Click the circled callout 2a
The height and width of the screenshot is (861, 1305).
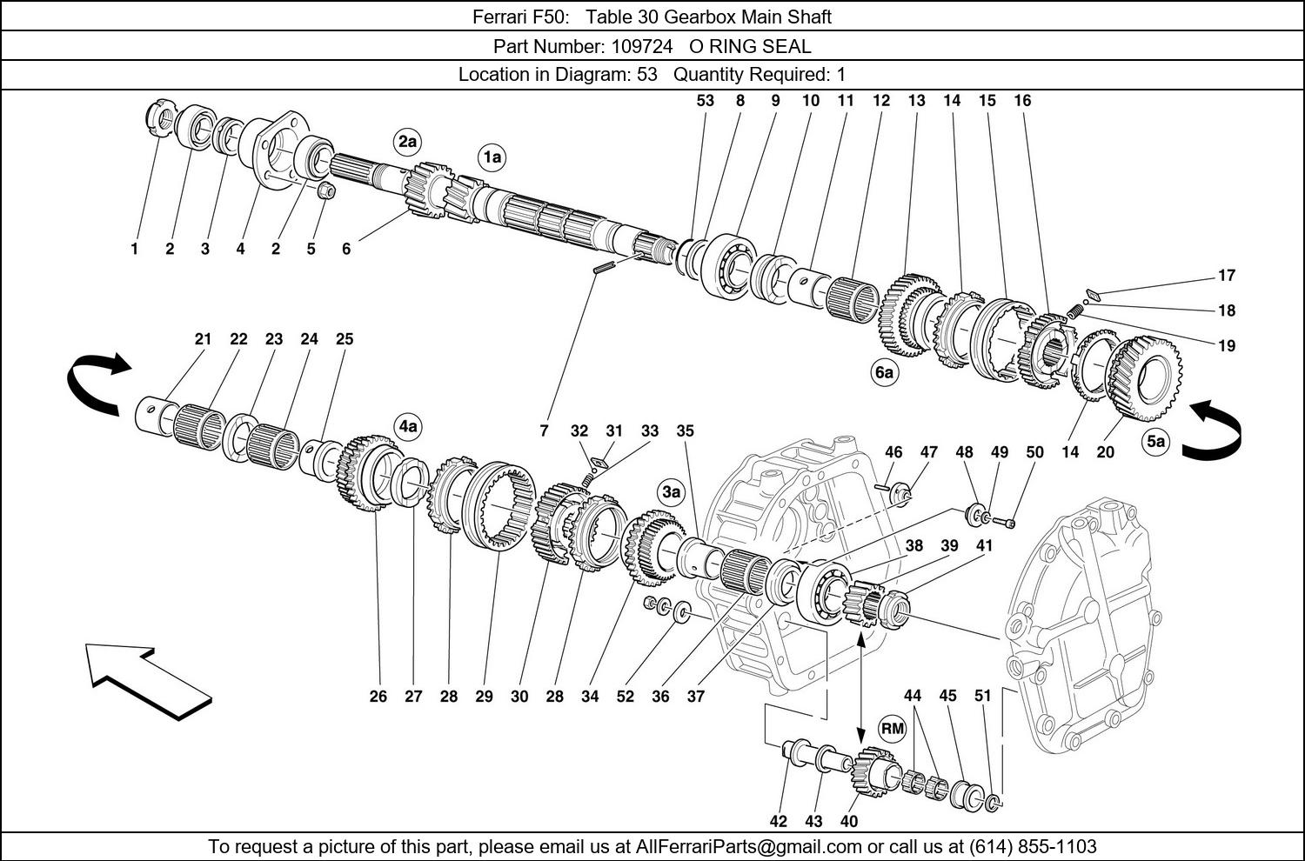(x=407, y=142)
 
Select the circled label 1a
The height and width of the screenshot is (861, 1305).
(x=492, y=157)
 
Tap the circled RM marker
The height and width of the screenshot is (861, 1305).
(x=893, y=728)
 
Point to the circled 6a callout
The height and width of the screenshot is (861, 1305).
(x=884, y=373)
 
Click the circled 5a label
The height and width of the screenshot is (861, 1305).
(x=1155, y=442)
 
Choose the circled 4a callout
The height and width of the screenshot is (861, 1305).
(x=408, y=426)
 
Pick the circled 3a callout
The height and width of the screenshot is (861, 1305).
(x=671, y=492)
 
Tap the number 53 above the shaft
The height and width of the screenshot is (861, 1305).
(x=705, y=101)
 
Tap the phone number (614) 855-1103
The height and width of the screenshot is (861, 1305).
(x=1033, y=846)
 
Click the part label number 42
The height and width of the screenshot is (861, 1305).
(x=778, y=822)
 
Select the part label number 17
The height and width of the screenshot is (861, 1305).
(x=1226, y=276)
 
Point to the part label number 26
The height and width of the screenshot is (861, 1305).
(x=378, y=696)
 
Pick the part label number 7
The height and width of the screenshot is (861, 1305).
(x=544, y=430)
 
